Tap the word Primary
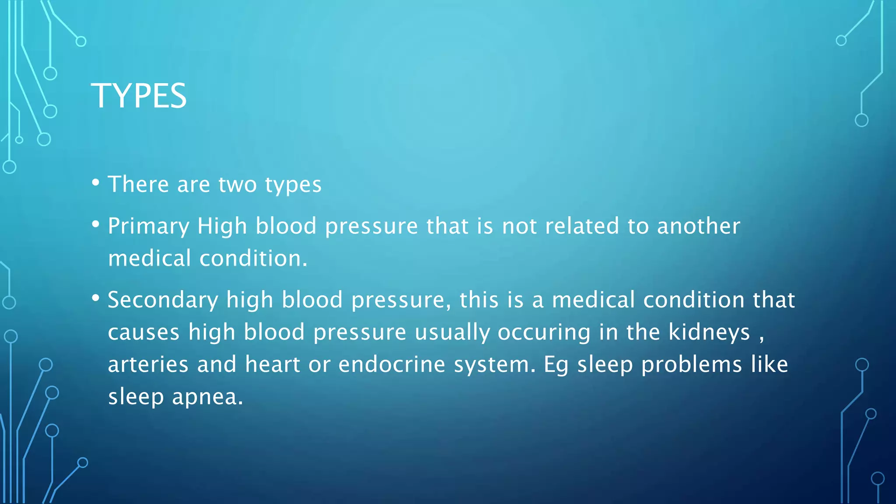tap(148, 227)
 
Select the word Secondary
tap(163, 301)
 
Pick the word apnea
tap(207, 397)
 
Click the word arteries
tap(148, 364)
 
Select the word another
tap(698, 227)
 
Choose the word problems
tap(692, 364)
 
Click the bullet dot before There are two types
tap(96, 183)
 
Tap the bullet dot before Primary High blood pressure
tap(96, 225)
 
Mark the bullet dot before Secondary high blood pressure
tap(96, 299)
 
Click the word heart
tap(272, 364)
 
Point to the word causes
tap(143, 332)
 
